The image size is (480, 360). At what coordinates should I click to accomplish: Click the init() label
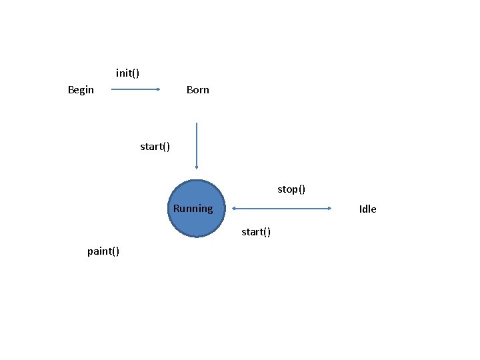[x=127, y=73]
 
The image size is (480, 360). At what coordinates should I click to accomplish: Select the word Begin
[x=81, y=89]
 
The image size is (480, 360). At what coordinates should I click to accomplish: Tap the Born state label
[x=197, y=89]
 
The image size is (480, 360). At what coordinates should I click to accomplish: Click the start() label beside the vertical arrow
[x=155, y=146]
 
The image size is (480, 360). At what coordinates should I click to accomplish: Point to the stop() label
[x=291, y=189]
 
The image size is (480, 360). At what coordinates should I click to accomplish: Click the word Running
[x=193, y=209]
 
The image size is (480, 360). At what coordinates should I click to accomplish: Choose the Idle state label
[x=367, y=209]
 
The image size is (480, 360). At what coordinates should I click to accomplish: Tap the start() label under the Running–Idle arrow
[x=255, y=232]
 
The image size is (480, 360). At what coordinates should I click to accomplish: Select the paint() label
[x=103, y=251]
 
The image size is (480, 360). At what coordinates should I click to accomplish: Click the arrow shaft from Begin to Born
[x=133, y=89]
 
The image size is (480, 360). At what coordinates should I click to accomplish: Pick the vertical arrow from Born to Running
[x=197, y=143]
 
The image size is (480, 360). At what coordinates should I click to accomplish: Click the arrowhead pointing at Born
[x=159, y=89]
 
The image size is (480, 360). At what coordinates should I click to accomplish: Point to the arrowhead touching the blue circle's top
[x=197, y=167]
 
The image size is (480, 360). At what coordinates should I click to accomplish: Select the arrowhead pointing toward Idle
[x=329, y=209]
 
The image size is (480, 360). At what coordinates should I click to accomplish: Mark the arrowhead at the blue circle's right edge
[x=229, y=209]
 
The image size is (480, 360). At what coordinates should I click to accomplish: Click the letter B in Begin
[x=71, y=89]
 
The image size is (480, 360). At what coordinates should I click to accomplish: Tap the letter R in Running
[x=177, y=209]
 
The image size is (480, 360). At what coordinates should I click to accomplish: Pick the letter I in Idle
[x=361, y=209]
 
